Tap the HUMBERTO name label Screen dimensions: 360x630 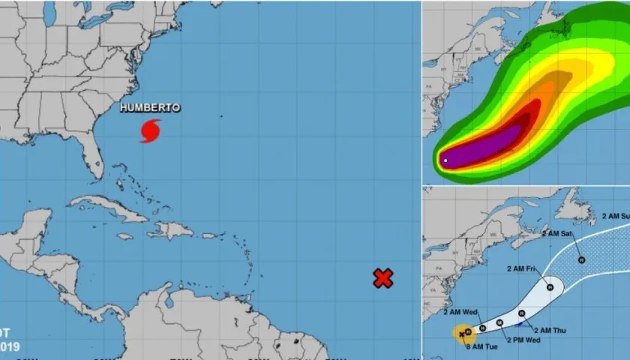150,108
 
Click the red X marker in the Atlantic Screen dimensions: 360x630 383,278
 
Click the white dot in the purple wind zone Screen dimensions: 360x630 445,160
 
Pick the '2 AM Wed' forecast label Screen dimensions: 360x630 460,311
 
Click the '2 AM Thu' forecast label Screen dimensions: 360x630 552,329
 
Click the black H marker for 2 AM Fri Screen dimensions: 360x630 550,286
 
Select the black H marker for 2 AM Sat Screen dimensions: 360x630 580,259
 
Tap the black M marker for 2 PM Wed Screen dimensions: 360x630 499,322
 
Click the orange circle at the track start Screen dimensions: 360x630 463,333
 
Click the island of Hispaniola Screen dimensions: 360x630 172,229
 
